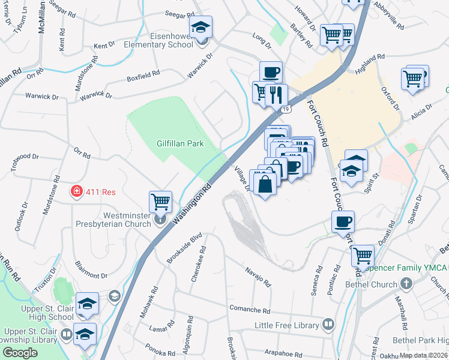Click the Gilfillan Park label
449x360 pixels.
[180, 143]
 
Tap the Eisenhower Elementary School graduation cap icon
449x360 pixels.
[200, 28]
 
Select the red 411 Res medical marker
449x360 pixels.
[77, 192]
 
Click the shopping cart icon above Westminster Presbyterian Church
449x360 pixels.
[161, 202]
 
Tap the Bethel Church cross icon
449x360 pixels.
[406, 284]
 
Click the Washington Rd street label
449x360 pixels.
[193, 205]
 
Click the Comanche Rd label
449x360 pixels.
[250, 310]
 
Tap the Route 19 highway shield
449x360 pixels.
[287, 109]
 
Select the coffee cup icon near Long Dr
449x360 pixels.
[271, 72]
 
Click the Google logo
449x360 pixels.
[20, 353]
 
